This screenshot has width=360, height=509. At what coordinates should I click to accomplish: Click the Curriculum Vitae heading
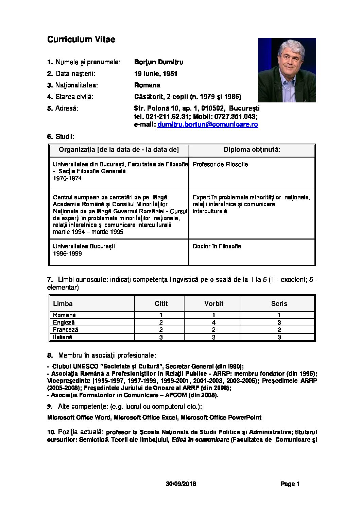coord(81,39)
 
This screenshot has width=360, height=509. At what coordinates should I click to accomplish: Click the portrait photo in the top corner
coord(287,70)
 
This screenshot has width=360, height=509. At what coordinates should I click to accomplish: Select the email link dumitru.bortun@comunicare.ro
coord(208,125)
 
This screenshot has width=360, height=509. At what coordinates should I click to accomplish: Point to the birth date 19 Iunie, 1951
coord(156,74)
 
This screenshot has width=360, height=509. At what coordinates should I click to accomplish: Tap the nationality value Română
coord(147,85)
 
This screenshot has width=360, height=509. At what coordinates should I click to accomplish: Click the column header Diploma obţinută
coord(252,150)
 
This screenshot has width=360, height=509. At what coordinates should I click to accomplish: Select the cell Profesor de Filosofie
coord(220,165)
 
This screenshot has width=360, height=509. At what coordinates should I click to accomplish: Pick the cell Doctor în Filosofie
coord(217,246)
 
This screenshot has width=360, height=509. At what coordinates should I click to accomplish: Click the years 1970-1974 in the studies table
coord(67,178)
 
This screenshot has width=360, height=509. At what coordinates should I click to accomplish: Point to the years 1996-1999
coord(67,253)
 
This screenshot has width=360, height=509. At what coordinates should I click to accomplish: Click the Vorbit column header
coord(214,304)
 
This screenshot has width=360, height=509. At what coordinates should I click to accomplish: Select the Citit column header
coord(161,304)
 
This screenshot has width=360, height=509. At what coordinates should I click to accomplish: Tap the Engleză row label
coord(64,323)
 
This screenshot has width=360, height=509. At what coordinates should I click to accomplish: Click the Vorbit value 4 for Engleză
coord(213,323)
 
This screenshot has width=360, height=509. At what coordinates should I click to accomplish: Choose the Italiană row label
coord(63,337)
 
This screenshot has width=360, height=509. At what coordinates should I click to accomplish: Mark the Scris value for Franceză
coord(279,330)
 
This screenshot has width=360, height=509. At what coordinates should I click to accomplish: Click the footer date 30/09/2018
coord(181,484)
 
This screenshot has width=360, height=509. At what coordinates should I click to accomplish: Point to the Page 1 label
coord(290,484)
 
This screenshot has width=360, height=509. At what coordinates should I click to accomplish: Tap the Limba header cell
coord(63,304)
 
